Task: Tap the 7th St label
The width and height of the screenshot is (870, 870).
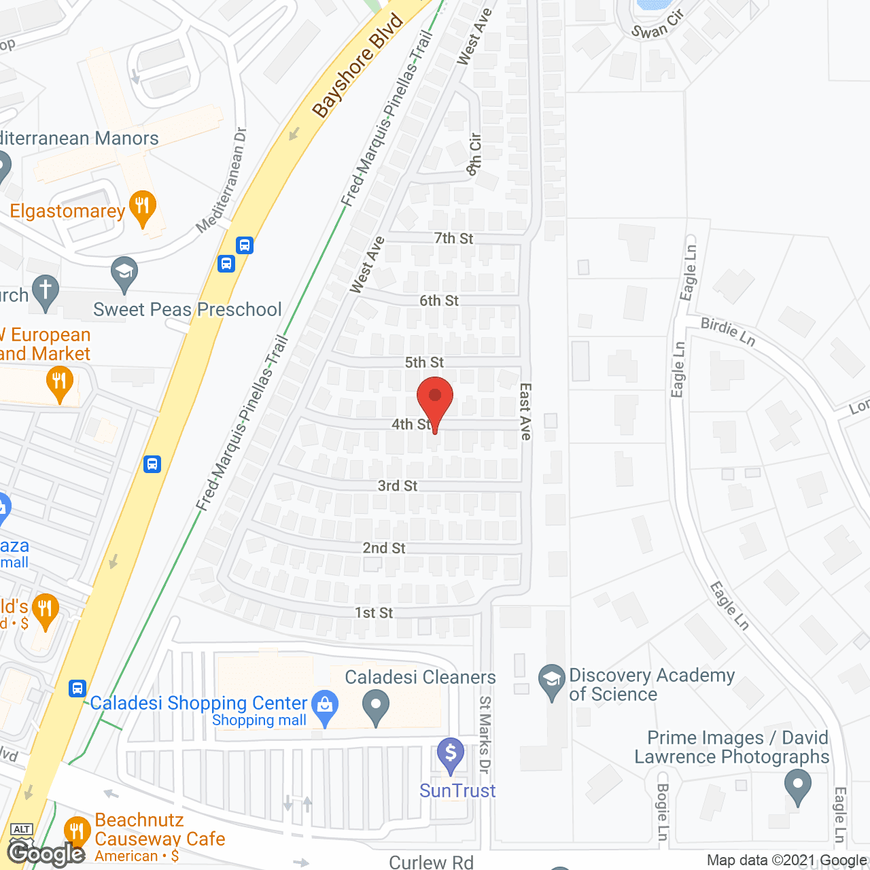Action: pos(453,239)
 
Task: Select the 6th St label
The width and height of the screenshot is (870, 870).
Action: pos(438,300)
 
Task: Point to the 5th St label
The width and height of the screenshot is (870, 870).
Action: pos(424,362)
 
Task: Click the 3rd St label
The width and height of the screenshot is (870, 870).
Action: pos(398,485)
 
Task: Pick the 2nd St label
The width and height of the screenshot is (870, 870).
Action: pos(384,548)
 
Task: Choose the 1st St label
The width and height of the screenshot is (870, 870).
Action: pos(374,612)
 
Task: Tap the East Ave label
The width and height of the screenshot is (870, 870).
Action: pos(525,411)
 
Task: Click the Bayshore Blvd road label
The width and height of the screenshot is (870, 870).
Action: pos(358,65)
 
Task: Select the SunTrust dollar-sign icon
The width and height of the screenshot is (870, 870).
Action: pos(451,753)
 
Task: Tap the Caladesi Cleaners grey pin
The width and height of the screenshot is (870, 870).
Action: pos(375,707)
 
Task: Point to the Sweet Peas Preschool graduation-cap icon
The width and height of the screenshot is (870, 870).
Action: pos(124,273)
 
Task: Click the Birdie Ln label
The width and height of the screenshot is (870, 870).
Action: pos(728,332)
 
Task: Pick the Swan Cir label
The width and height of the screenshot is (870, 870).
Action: pos(657,26)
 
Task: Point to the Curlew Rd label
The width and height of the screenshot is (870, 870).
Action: pos(431,862)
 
